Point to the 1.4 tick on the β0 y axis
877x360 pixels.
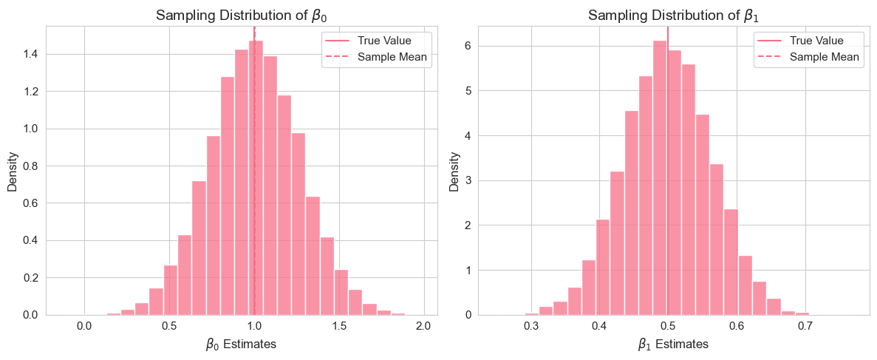[x=32, y=55]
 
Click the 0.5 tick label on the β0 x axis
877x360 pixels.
[x=169, y=327]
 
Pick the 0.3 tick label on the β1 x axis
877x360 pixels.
[x=530, y=327]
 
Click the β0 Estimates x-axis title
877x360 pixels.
[x=241, y=344]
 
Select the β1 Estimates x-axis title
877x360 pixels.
[x=672, y=344]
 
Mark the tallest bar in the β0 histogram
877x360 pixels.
[x=256, y=177]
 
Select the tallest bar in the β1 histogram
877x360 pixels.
[x=660, y=177]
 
